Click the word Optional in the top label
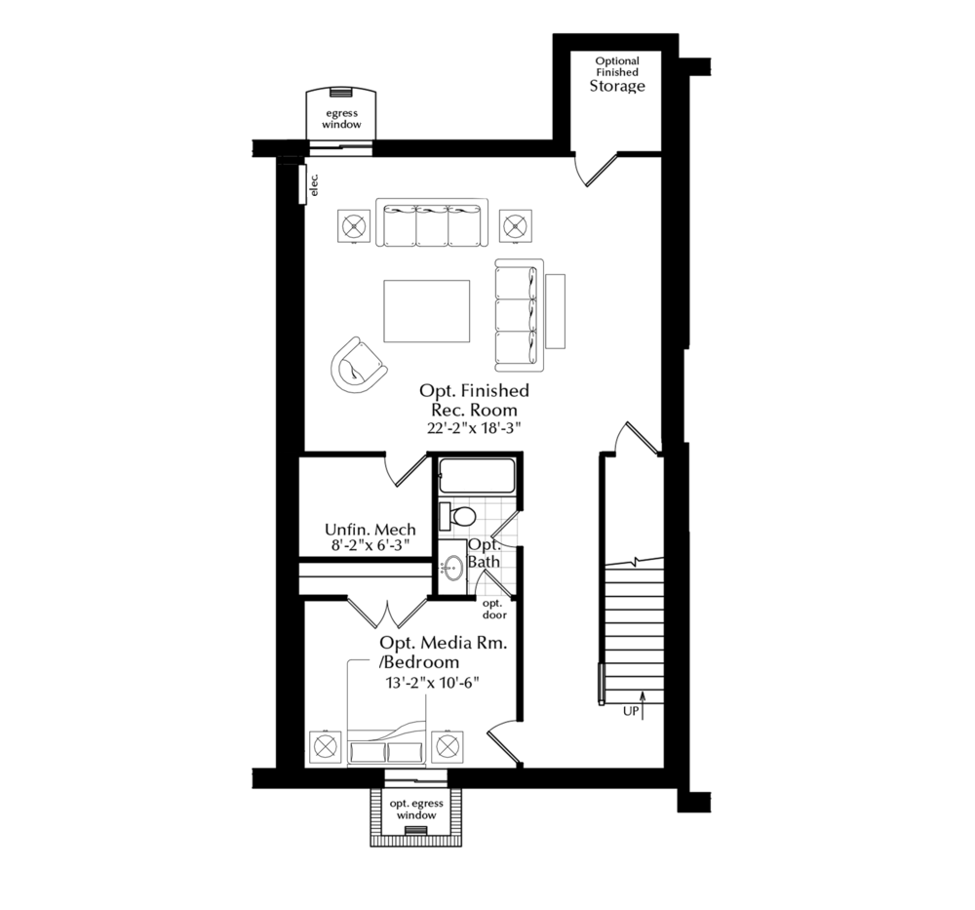(617, 61)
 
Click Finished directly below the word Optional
(617, 72)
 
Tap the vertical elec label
(314, 185)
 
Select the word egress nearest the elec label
(342, 114)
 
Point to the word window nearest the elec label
(342, 126)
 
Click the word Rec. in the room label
(451, 410)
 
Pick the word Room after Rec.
(496, 410)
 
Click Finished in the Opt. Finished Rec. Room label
(495, 390)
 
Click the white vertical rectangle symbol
(445, 516)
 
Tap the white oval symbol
(465, 516)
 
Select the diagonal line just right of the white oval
(504, 524)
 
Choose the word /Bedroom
(419, 662)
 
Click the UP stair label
(631, 713)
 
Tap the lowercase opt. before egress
(400, 804)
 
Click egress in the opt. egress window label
(428, 804)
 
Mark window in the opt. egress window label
(416, 815)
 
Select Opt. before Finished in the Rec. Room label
(437, 390)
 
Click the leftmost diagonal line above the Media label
(362, 614)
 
